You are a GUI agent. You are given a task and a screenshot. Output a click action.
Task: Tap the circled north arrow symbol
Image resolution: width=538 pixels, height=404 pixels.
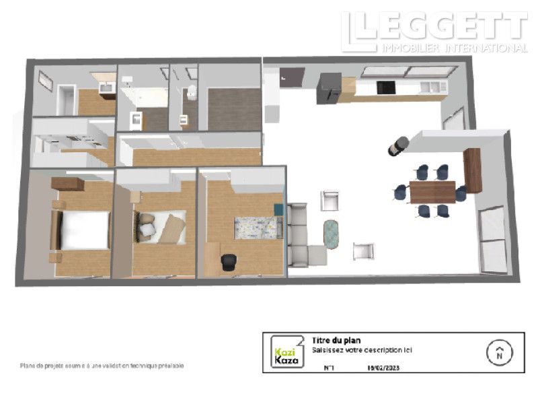click(499, 351)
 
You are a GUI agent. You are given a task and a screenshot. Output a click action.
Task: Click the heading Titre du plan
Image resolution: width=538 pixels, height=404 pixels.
click(336, 341)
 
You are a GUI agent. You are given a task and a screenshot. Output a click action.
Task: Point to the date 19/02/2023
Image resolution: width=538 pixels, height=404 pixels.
click(383, 368)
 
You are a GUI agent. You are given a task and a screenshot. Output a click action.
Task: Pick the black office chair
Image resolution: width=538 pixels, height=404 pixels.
click(229, 262)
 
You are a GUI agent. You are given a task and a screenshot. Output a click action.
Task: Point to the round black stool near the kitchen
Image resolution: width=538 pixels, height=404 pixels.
click(398, 145)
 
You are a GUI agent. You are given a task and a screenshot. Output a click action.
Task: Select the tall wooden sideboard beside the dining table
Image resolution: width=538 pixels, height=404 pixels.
click(473, 170)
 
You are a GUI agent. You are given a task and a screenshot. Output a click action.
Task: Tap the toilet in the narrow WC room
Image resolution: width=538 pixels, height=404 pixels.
click(191, 93)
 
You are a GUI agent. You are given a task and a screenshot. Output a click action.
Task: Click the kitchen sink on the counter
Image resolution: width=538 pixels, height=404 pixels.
click(429, 86)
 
